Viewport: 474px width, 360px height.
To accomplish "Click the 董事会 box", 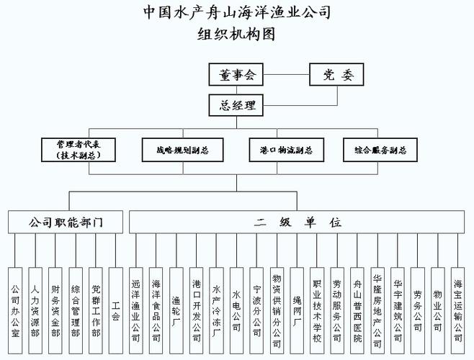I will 236,74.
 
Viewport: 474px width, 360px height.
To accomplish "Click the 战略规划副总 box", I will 182,150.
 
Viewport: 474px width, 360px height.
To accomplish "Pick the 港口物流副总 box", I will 285,150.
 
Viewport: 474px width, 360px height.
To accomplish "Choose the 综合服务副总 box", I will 380,150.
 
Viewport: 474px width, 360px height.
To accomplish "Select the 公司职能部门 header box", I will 66,222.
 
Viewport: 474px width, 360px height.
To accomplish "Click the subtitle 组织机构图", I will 237,33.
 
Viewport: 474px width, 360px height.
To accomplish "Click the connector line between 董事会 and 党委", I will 287,74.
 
